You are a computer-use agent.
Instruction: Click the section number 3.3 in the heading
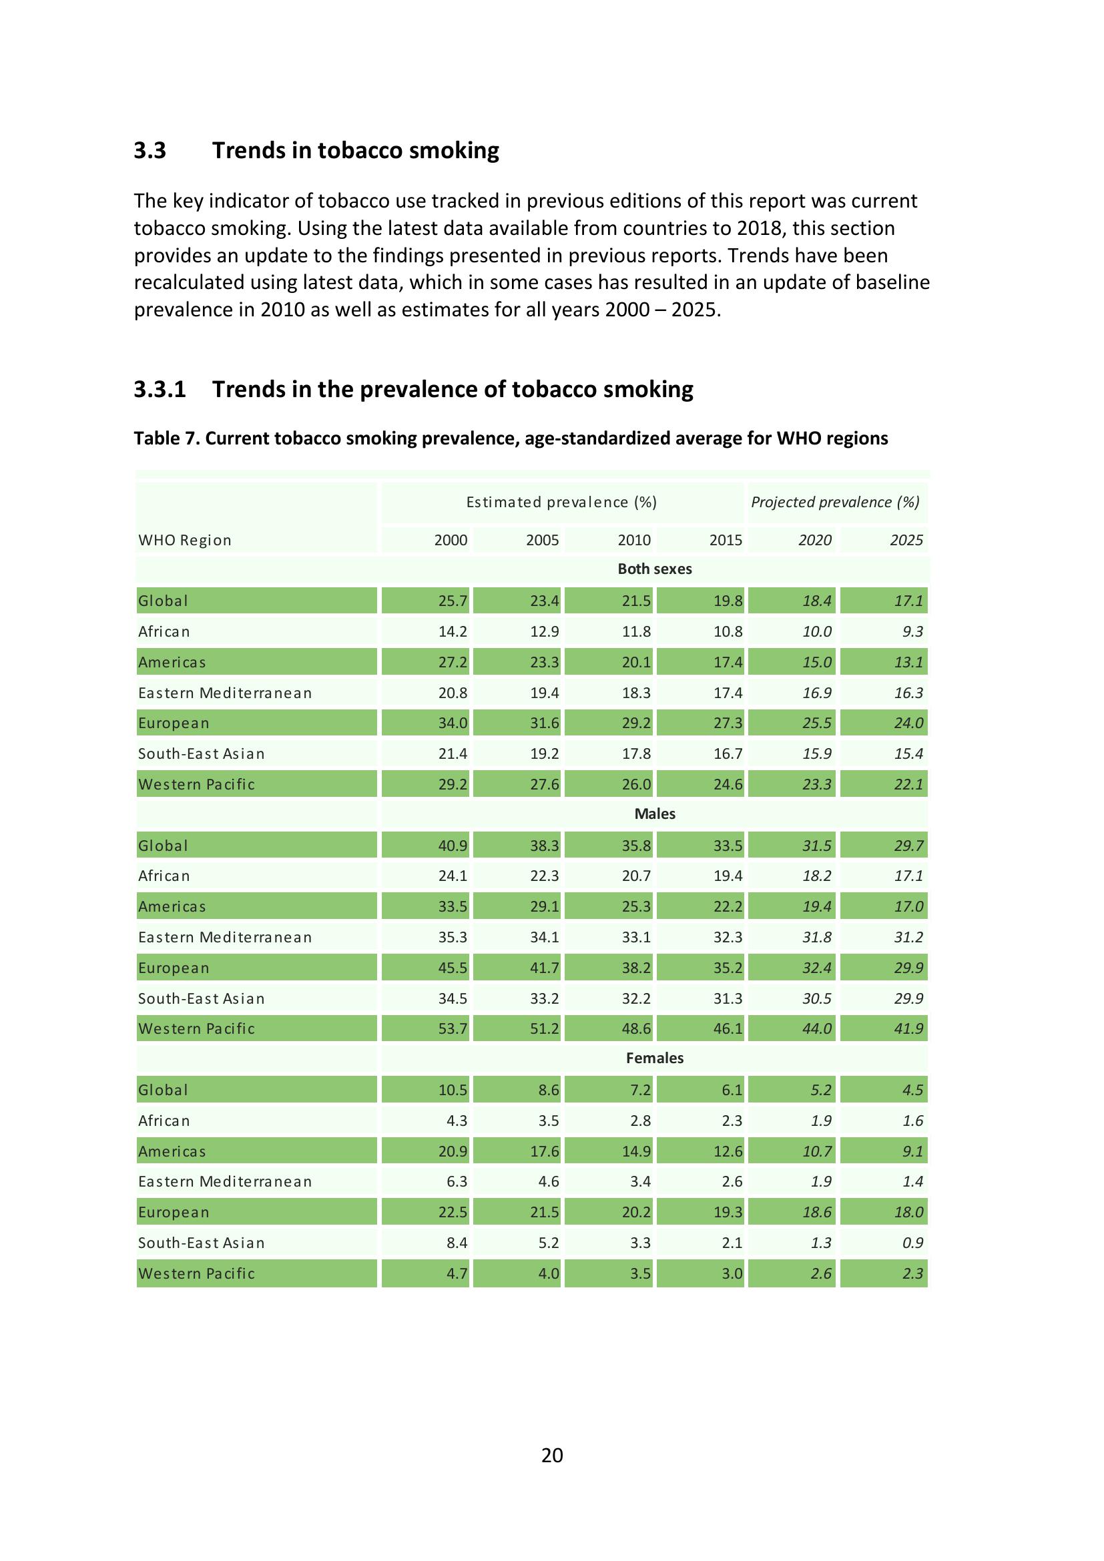coord(150,150)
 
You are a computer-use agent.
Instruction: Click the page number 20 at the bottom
coord(551,1455)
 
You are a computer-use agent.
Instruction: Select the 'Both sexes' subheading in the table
coord(654,569)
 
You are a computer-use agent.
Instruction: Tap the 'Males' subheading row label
coord(654,814)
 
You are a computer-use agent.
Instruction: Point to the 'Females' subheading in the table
coord(654,1058)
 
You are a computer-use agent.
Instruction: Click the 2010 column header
coord(633,540)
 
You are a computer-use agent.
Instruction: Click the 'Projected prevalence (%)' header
coord(835,502)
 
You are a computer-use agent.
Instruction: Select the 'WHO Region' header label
coord(185,540)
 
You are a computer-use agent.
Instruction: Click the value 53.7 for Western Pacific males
coord(452,1028)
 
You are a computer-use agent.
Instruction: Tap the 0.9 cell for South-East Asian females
coord(912,1243)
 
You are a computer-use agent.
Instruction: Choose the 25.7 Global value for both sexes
coord(452,601)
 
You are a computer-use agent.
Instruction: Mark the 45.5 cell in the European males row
coord(452,968)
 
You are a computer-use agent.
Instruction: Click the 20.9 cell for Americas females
coord(452,1151)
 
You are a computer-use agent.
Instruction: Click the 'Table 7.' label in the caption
coord(167,438)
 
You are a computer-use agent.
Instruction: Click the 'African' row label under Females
coord(164,1121)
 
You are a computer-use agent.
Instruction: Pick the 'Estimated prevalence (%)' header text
coord(561,502)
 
